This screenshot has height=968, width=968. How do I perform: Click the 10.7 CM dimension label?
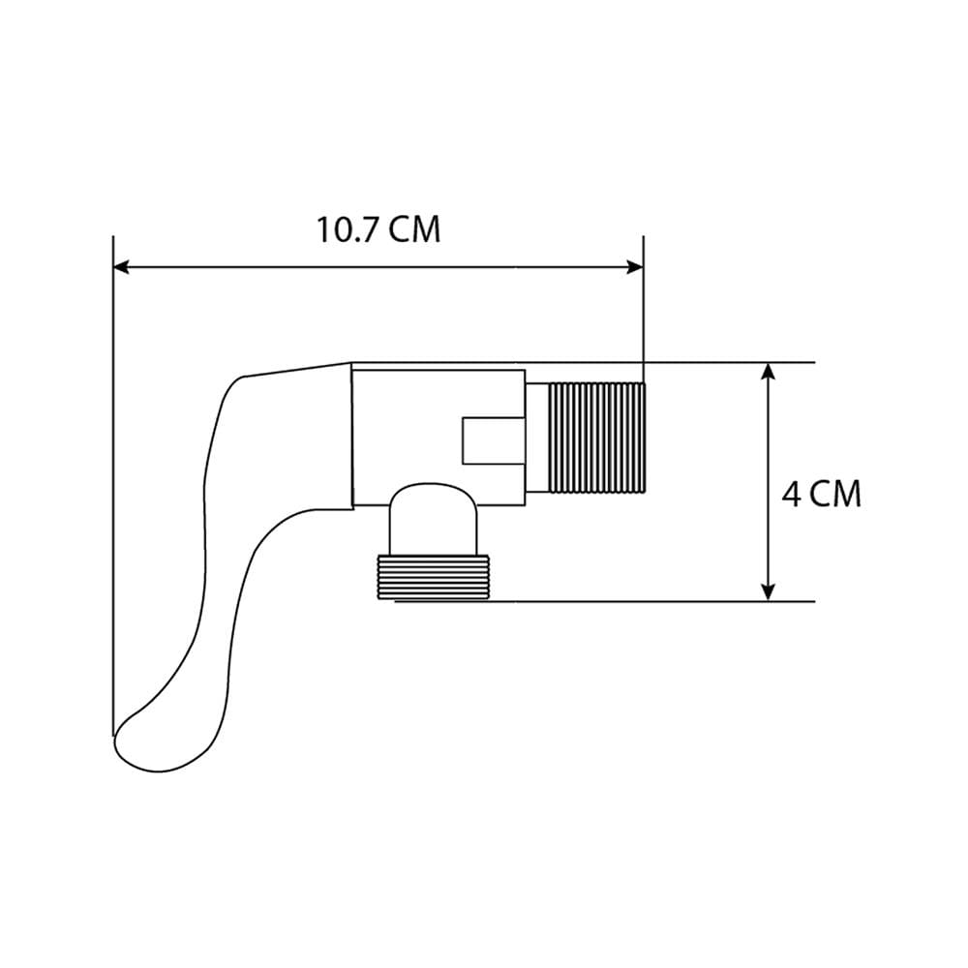pyautogui.click(x=378, y=229)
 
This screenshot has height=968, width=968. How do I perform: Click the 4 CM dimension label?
pyautogui.click(x=821, y=494)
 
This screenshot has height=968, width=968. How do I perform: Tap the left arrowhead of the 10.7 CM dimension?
pyautogui.click(x=122, y=267)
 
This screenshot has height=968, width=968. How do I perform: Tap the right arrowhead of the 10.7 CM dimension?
pyautogui.click(x=635, y=267)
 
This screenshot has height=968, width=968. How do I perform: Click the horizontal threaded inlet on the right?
pyautogui.click(x=597, y=438)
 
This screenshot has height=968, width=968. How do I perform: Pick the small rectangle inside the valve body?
pyautogui.click(x=494, y=440)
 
